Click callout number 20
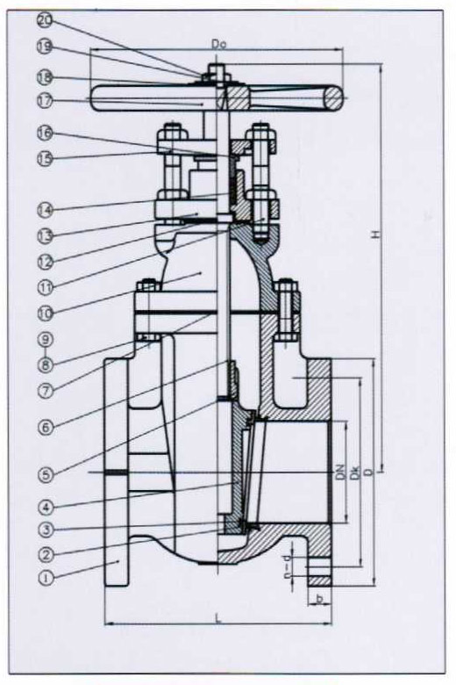44,21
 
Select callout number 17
45,101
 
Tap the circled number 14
45,210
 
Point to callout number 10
45,313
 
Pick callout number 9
45,339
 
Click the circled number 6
46,427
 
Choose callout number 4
46,508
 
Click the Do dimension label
218,44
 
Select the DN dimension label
341,473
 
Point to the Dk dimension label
356,473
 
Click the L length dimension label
218,618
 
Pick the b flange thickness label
320,599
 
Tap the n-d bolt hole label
287,567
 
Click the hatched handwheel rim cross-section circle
333,97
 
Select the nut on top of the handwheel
217,72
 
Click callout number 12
45,262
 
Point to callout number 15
45,158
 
